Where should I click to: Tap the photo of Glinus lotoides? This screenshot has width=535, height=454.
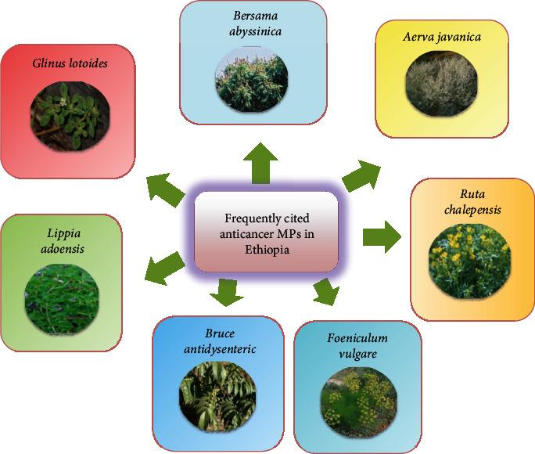(69, 113)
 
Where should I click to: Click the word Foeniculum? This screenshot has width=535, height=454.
(357, 338)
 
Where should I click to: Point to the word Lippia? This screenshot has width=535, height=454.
(62, 232)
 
